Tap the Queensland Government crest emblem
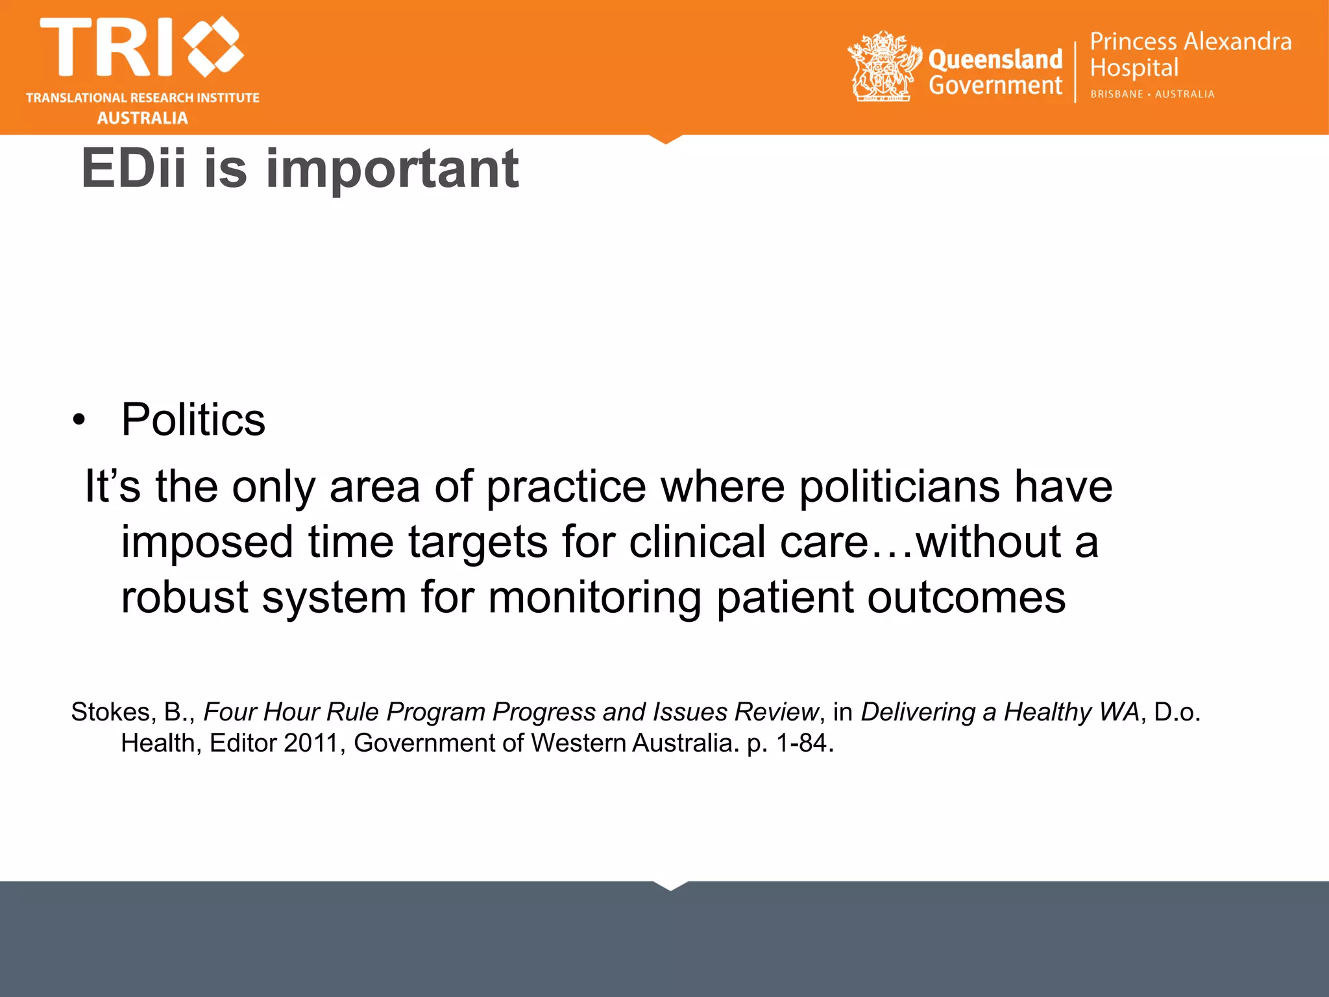pyautogui.click(x=884, y=67)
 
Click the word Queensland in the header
pyautogui.click(x=995, y=59)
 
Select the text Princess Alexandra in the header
pyautogui.click(x=1190, y=42)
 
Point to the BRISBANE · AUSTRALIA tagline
pyautogui.click(x=1152, y=94)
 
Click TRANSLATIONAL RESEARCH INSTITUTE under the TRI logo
pyautogui.click(x=143, y=98)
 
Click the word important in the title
pyautogui.click(x=393, y=169)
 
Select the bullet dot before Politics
pyautogui.click(x=79, y=420)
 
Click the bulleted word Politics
pyautogui.click(x=193, y=419)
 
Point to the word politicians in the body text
pyautogui.click(x=899, y=487)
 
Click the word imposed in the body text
pyautogui.click(x=207, y=543)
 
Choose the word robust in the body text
pyautogui.click(x=184, y=597)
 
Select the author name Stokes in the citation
pyautogui.click(x=110, y=712)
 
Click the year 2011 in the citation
pyautogui.click(x=310, y=743)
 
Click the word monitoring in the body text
pyautogui.click(x=594, y=597)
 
